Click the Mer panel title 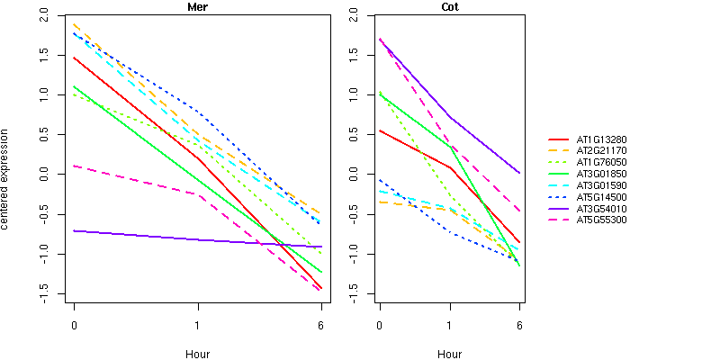[x=197, y=7]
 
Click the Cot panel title [x=449, y=7]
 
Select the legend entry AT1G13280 [x=602, y=139]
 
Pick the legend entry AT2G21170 [x=602, y=151]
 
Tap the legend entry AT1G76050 [x=602, y=162]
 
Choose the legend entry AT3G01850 [x=602, y=174]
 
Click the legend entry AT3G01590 [x=602, y=185]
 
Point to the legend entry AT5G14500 [x=602, y=196]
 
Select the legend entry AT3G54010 [x=602, y=208]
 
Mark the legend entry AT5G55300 [x=602, y=220]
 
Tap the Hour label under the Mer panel [x=197, y=354]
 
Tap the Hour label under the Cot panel [x=449, y=354]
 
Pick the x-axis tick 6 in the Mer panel [x=320, y=324]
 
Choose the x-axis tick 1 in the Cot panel [x=449, y=324]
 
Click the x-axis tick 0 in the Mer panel [x=74, y=324]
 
